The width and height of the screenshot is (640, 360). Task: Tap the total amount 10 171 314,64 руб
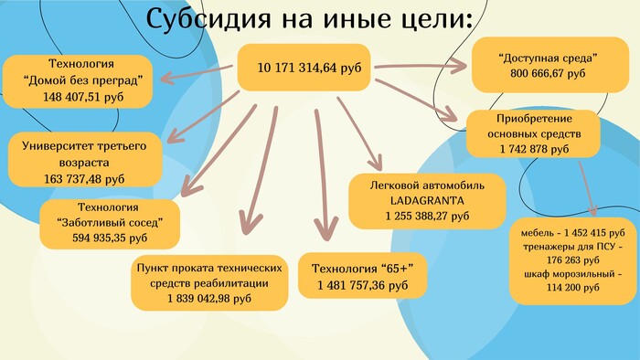coord(309,68)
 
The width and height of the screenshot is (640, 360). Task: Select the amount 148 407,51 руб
coord(83,97)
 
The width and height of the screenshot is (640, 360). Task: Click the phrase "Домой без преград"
coord(83,80)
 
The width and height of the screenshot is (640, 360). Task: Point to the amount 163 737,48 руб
coord(84,179)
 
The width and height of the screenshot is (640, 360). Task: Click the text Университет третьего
coord(84,146)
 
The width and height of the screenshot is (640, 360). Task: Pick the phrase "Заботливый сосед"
coord(110,223)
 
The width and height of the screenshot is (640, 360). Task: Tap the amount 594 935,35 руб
coord(110,238)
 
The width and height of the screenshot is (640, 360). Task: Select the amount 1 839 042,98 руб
coord(209,299)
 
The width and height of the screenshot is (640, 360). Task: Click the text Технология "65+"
coord(362,269)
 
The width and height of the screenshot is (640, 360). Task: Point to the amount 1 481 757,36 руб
coord(362,285)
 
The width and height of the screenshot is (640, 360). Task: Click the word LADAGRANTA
coord(427,201)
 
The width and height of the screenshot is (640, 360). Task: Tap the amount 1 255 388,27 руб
coord(427,216)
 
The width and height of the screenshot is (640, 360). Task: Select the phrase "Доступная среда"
coord(548,58)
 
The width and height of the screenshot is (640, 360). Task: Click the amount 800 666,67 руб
coord(548,73)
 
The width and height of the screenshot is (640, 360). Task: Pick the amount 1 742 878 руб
coord(534,149)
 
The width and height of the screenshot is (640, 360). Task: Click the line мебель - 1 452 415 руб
coord(572,233)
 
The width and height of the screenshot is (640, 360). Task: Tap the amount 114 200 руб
coord(572,288)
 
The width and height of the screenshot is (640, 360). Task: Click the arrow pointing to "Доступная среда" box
coord(421,66)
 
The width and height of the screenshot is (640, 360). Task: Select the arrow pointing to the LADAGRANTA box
coord(359,133)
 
